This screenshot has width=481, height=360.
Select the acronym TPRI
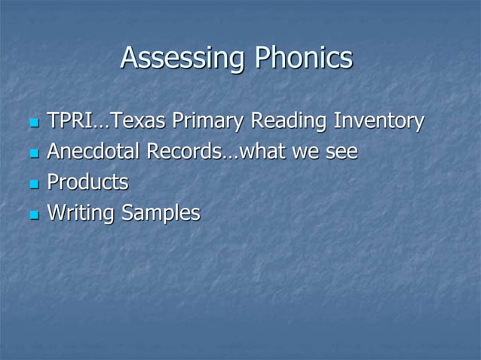[69, 121]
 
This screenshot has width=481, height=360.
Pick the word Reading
[287, 121]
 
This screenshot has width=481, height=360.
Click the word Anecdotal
[93, 152]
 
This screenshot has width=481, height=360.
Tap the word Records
[184, 152]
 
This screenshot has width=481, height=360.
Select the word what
[263, 152]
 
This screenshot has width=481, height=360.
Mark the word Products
[87, 183]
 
